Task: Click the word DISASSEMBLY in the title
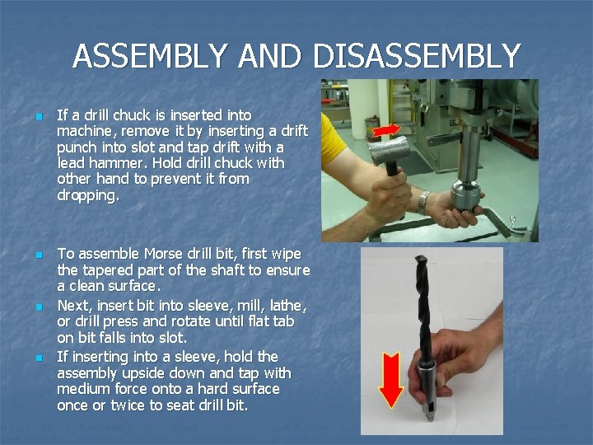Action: (x=417, y=55)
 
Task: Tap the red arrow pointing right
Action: (x=386, y=130)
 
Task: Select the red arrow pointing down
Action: (x=391, y=380)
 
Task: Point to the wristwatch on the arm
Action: (x=423, y=203)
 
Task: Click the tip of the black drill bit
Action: (x=420, y=257)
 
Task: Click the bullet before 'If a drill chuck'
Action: (x=40, y=116)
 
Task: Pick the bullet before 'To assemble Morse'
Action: (x=40, y=255)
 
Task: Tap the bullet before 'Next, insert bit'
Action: (x=40, y=307)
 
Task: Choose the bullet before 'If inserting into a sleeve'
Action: (x=40, y=358)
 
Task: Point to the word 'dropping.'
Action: (x=88, y=195)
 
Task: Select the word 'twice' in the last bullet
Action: (x=128, y=405)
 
